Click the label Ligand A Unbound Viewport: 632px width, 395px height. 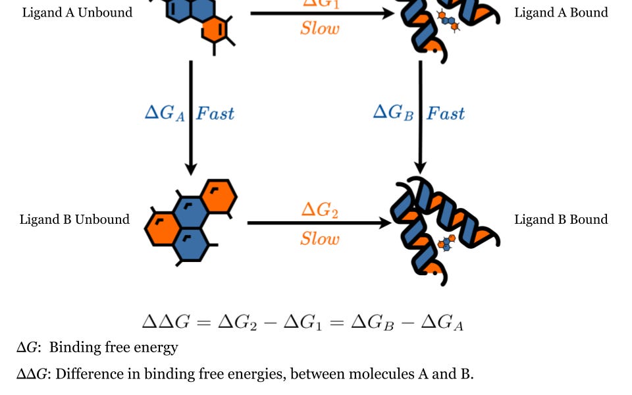(77, 13)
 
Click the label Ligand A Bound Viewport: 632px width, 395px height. (561, 13)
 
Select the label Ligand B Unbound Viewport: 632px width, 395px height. (74, 219)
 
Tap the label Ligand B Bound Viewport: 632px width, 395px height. (561, 219)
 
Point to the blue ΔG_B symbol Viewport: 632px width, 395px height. (394, 113)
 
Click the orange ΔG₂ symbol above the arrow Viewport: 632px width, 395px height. (319, 211)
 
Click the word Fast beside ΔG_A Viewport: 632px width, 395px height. (215, 113)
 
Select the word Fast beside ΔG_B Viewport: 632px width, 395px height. (446, 113)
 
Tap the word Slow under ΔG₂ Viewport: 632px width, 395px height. (320, 238)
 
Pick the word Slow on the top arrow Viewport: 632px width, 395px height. (320, 28)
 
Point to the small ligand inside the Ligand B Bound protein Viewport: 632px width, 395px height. (448, 242)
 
